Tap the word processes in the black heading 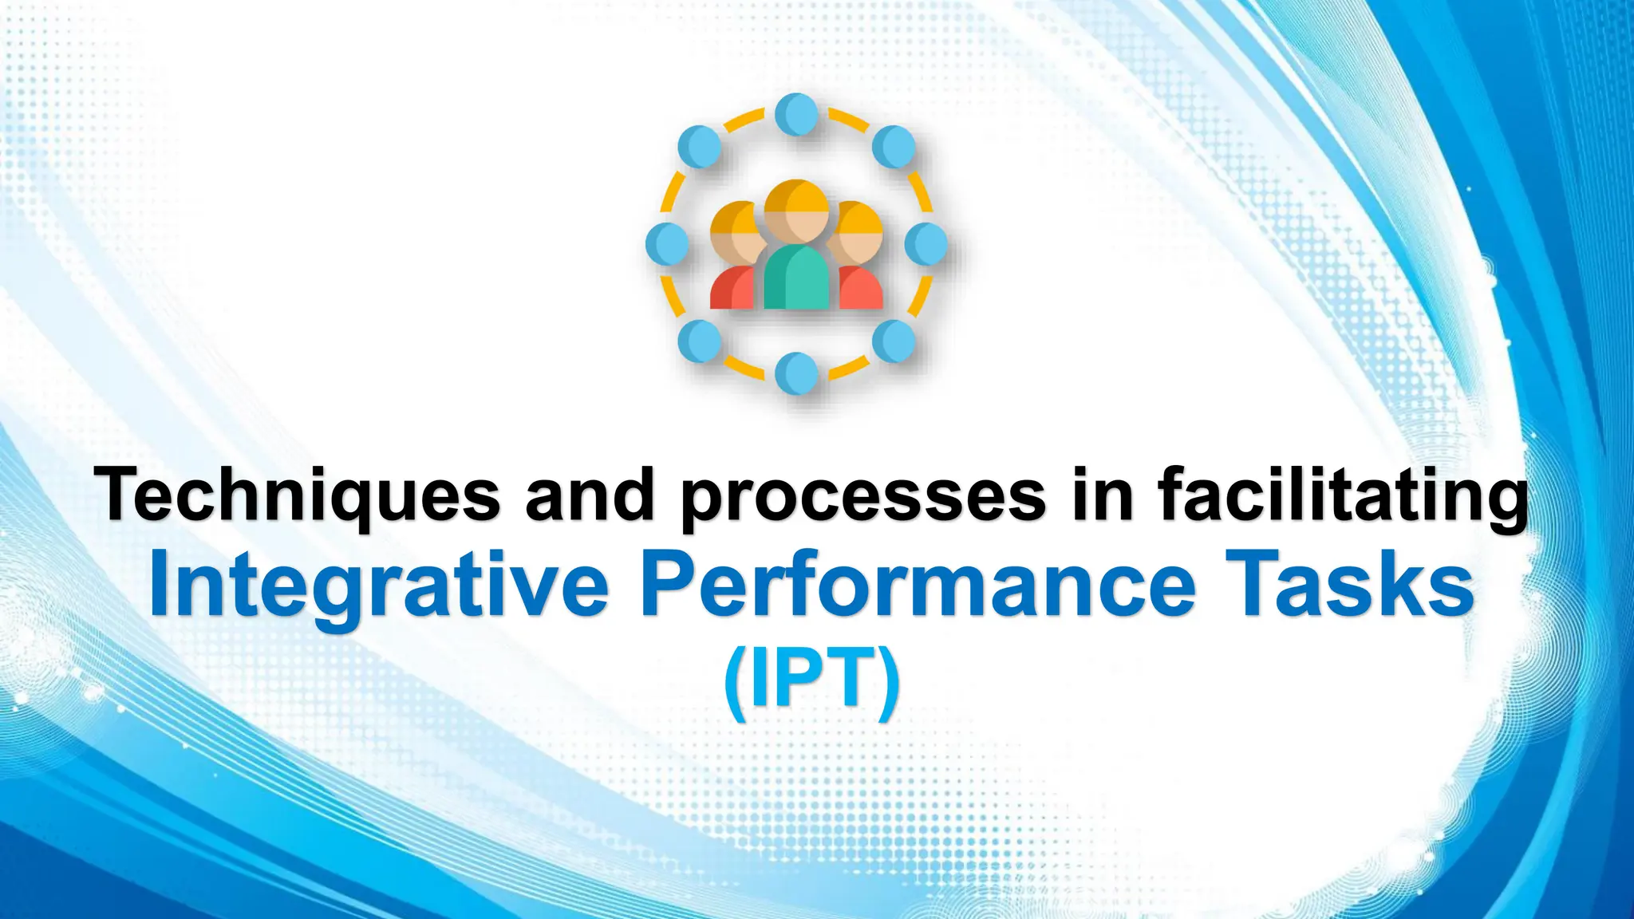click(x=862, y=496)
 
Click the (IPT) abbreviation click(x=812, y=681)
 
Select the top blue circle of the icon click(x=796, y=115)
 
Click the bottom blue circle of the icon click(x=796, y=373)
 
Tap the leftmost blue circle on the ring click(x=667, y=243)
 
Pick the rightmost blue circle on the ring click(x=926, y=243)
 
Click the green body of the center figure click(x=796, y=279)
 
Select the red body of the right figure click(x=862, y=290)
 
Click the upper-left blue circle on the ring click(x=700, y=147)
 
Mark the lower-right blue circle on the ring click(x=894, y=341)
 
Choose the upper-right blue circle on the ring click(x=894, y=147)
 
